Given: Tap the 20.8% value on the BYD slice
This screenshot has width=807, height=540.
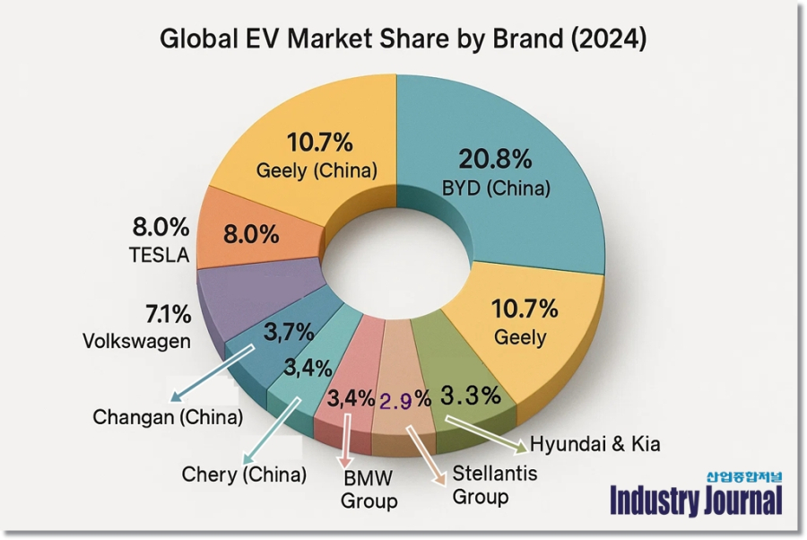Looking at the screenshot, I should click(495, 161).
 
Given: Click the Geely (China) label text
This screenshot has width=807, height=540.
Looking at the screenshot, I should click(316, 170).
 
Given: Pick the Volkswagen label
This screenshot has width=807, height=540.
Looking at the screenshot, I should click(136, 342).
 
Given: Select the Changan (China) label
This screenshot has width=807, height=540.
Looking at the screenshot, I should click(168, 418).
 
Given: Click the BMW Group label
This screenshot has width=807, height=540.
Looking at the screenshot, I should click(368, 488).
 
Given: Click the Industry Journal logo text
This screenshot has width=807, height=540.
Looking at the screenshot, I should click(696, 501).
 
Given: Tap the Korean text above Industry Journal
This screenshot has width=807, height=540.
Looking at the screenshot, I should click(744, 476).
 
